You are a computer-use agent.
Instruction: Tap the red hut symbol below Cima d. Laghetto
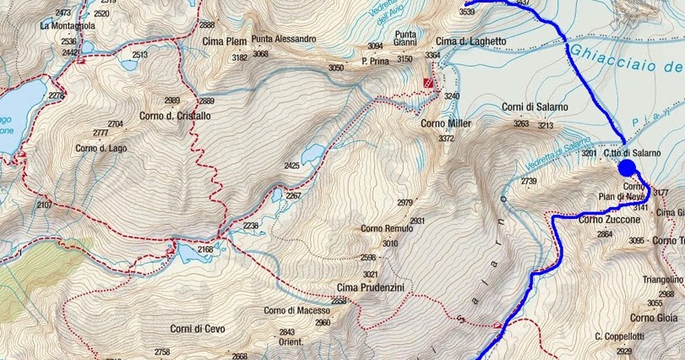[x=429, y=82]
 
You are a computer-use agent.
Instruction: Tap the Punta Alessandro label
[x=283, y=39]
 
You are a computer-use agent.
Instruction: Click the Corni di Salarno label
[x=535, y=106]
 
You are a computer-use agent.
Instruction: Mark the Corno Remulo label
[x=387, y=228]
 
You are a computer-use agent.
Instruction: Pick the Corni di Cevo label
[x=197, y=329]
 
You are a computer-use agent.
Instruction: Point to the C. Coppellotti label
[x=619, y=337]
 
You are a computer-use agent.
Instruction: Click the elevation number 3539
[x=466, y=12]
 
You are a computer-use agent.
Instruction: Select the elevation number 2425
[x=291, y=166]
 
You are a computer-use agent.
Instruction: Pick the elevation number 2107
[x=44, y=205]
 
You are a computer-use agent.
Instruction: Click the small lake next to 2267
[x=277, y=195]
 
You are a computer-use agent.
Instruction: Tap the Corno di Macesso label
[x=296, y=310]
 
